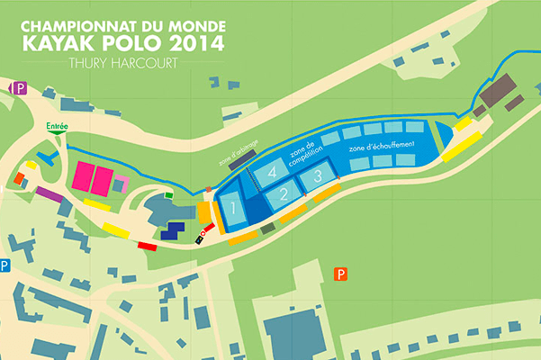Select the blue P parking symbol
click(5, 265)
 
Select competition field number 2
click(282, 193)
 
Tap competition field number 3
click(316, 177)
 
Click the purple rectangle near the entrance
click(48, 193)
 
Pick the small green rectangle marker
click(169, 193)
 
